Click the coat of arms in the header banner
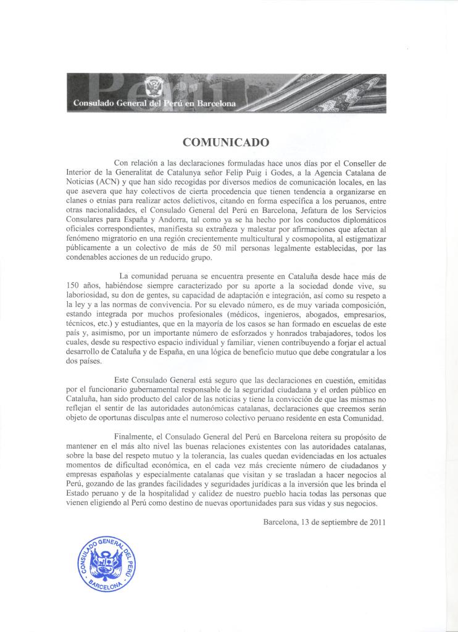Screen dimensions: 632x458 (151, 88)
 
